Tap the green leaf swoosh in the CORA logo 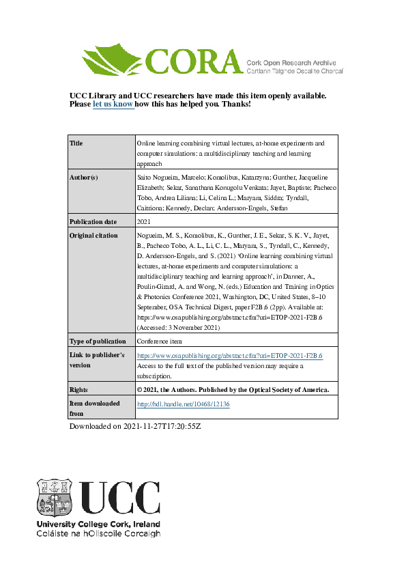click(x=113, y=58)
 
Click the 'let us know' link click(x=113, y=104)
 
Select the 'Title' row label click(x=76, y=144)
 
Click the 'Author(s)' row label click(x=84, y=178)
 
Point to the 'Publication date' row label click(x=93, y=222)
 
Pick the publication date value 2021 click(x=144, y=222)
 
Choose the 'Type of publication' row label click(x=98, y=341)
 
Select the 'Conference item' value click(x=160, y=341)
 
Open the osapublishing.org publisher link click(x=230, y=356)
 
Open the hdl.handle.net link click(x=184, y=404)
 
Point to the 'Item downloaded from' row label click(x=95, y=408)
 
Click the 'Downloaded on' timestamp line click(x=136, y=427)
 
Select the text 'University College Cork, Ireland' click(x=98, y=524)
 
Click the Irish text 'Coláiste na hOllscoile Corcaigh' click(x=98, y=533)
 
